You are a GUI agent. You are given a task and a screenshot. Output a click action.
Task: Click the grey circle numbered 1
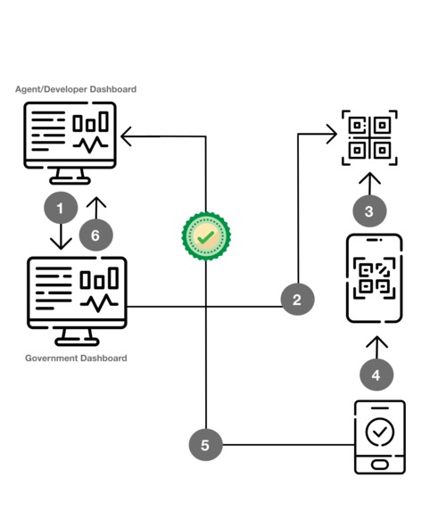click(61, 209)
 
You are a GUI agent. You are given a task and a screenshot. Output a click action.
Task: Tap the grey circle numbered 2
click(297, 300)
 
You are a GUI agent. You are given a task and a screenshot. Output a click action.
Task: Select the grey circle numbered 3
click(369, 211)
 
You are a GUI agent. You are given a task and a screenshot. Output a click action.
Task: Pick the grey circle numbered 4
click(376, 375)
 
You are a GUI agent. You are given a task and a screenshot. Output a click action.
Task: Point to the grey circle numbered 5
click(205, 444)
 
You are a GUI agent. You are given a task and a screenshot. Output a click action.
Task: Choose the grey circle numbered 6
click(95, 235)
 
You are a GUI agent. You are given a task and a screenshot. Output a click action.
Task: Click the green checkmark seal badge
click(206, 236)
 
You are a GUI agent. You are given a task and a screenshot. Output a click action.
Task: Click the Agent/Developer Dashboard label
click(76, 89)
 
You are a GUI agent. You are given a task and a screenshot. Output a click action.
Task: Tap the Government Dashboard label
click(76, 359)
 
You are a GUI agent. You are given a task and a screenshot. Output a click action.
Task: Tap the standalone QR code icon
click(369, 138)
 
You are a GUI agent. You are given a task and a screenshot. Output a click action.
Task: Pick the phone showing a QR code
click(374, 277)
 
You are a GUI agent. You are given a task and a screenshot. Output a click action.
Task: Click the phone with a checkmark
click(379, 436)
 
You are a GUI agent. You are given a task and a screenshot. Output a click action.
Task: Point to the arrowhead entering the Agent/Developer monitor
click(127, 136)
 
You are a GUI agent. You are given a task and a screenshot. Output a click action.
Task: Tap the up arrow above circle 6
click(95, 206)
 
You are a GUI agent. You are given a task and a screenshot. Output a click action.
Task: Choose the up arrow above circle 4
click(376, 344)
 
